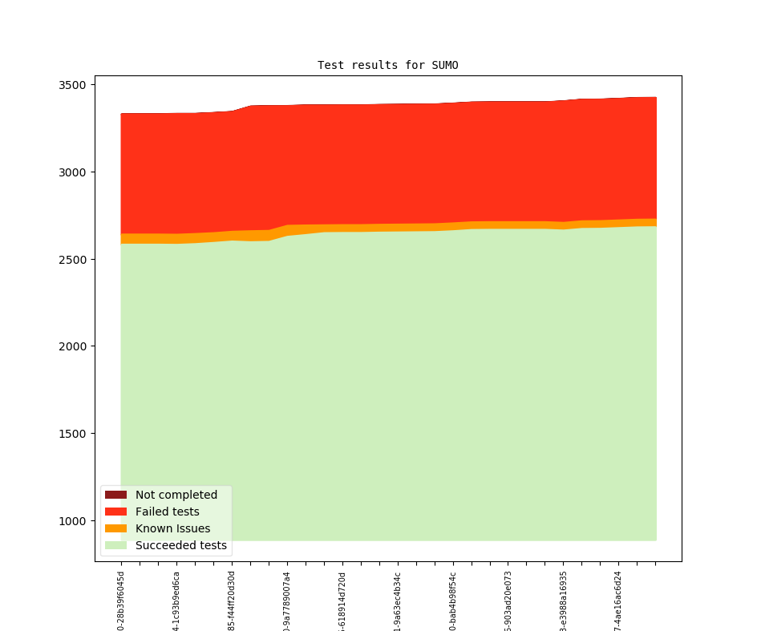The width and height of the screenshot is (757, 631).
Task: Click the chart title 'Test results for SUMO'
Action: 387,65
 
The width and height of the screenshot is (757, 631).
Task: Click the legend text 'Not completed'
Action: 176,495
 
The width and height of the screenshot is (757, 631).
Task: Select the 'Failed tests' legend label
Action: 167,512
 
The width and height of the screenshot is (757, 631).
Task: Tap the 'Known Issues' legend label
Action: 172,528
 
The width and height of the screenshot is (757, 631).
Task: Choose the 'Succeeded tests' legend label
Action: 180,546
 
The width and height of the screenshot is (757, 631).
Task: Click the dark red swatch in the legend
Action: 115,495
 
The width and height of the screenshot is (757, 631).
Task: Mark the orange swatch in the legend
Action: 115,528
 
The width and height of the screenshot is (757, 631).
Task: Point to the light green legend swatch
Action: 115,546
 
